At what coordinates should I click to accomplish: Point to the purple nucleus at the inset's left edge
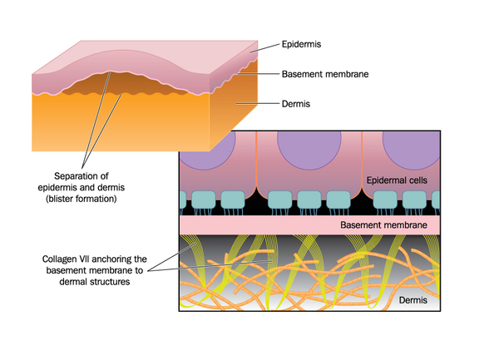(x=204, y=148)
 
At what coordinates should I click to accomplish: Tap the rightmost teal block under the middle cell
(x=336, y=201)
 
